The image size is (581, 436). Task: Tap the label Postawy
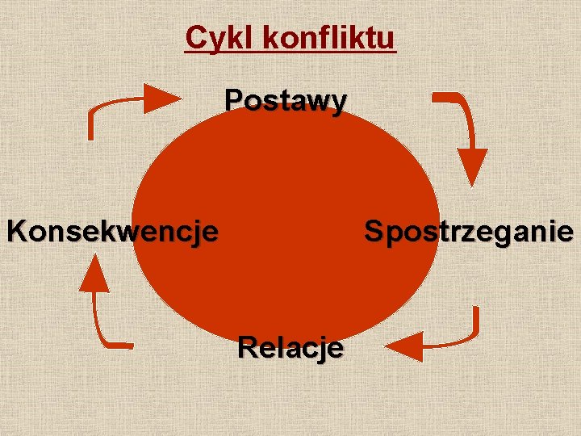click(286, 101)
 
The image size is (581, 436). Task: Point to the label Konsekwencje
click(112, 232)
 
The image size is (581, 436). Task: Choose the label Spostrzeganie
click(469, 232)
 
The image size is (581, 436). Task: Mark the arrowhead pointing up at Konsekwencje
click(95, 273)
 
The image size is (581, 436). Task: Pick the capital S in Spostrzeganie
click(374, 232)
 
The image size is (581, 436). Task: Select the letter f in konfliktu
click(334, 37)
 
